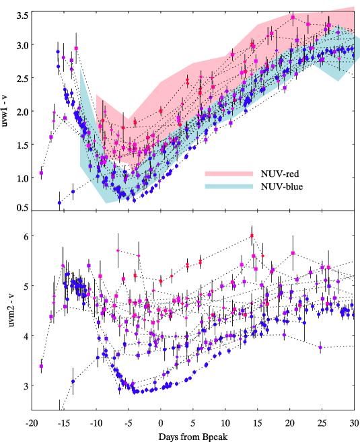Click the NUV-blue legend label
tap(281, 186)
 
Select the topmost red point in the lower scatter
tap(252, 235)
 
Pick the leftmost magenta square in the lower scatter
tap(41, 366)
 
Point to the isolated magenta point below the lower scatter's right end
tap(320, 347)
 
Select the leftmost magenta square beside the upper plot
tap(40, 173)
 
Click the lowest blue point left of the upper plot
tap(59, 202)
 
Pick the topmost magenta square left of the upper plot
tap(76, 48)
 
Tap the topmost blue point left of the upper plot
tap(59, 51)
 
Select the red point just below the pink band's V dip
tap(135, 122)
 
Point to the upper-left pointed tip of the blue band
tap(81, 68)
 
